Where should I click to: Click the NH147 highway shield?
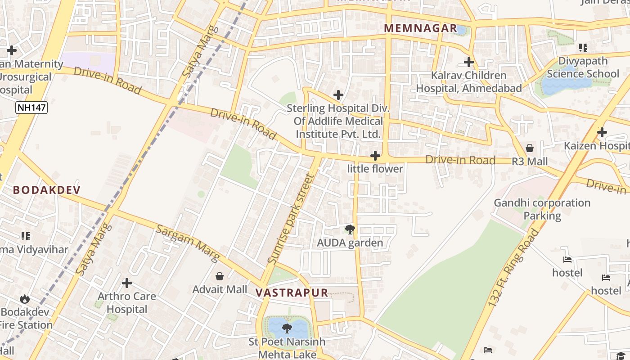click(x=31, y=108)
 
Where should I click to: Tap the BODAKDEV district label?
click(x=46, y=190)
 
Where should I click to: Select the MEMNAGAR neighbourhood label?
click(x=420, y=28)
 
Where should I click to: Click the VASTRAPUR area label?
click(x=292, y=292)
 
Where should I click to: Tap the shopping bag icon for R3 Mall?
click(x=530, y=148)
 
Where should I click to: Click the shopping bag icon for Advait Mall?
click(x=220, y=276)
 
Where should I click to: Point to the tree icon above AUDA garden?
click(x=350, y=229)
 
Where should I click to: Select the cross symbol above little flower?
click(x=375, y=156)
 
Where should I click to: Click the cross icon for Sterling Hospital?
click(x=338, y=95)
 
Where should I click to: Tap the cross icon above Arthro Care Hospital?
click(x=127, y=283)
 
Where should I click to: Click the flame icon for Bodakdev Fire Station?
click(x=25, y=299)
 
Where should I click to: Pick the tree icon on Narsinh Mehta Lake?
click(x=287, y=328)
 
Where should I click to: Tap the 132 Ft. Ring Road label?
click(x=513, y=269)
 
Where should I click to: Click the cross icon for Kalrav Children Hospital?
click(x=469, y=62)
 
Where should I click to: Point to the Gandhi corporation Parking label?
click(x=542, y=209)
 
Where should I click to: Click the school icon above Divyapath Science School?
click(x=583, y=47)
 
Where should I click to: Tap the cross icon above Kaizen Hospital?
click(x=602, y=132)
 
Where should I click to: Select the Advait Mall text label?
click(x=220, y=289)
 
